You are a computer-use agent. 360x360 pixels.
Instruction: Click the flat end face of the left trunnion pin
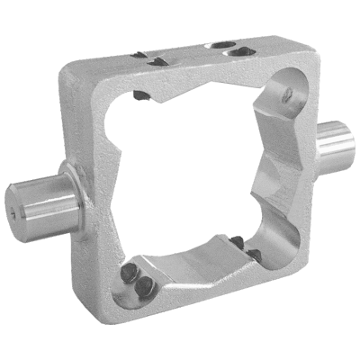click(18, 206)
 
